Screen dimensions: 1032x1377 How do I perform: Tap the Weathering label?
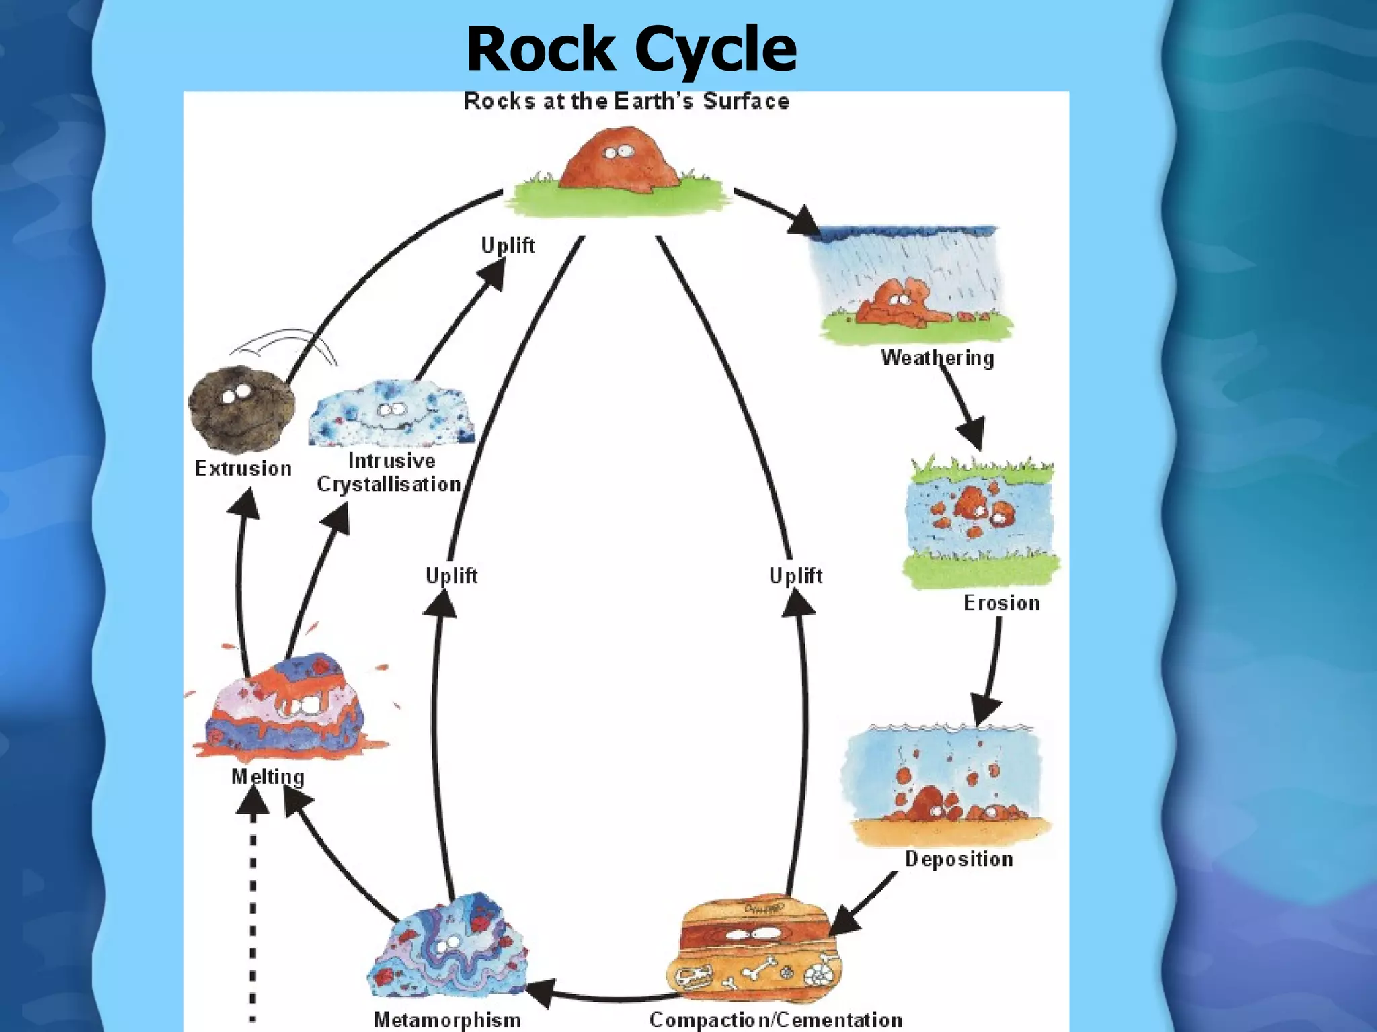pos(937,357)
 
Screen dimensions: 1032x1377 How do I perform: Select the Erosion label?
pos(1001,603)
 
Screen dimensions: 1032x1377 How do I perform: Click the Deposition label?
pos(959,859)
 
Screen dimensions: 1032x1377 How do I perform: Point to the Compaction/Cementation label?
pos(775,1019)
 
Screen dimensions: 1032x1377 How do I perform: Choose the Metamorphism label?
pos(447,1019)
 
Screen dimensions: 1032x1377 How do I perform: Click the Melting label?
pos(268,777)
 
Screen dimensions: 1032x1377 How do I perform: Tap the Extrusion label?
pos(243,468)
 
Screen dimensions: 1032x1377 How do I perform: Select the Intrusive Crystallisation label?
pos(390,472)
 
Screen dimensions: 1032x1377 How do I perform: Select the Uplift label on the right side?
pos(795,576)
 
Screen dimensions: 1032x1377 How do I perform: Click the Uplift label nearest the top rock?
pos(508,245)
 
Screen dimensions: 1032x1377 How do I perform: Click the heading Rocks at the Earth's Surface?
pos(627,101)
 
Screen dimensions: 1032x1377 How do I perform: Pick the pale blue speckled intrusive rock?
pos(391,413)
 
